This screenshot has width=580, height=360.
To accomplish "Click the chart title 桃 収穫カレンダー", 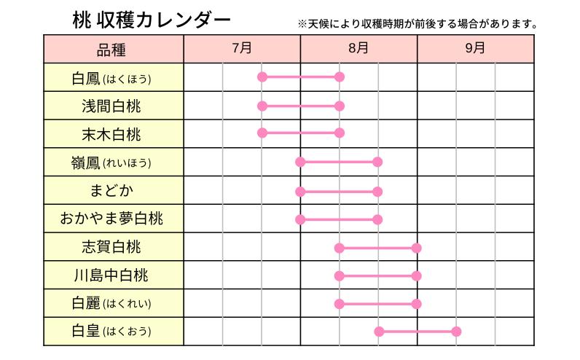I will (x=152, y=20).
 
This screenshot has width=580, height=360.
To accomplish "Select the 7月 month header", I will (x=242, y=49).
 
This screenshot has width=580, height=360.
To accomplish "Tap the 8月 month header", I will (x=358, y=49).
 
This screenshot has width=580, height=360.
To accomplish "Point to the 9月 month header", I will (x=475, y=49).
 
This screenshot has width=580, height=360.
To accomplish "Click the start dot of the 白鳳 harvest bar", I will (x=262, y=77).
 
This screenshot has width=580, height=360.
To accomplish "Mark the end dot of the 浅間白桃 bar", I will (x=339, y=106).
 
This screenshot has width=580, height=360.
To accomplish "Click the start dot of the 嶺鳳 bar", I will (x=300, y=162).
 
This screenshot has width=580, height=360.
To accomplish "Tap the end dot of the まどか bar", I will (x=377, y=191).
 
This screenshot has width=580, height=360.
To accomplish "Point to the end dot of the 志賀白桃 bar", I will (x=416, y=248).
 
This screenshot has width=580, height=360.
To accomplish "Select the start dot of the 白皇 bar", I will (x=379, y=332).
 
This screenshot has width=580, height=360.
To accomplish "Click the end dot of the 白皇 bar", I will (x=456, y=332).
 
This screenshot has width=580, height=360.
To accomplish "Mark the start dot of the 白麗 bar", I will (x=339, y=304).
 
